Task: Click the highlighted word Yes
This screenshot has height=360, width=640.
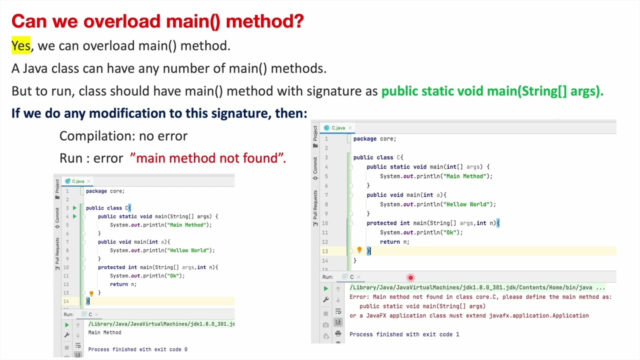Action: [21, 46]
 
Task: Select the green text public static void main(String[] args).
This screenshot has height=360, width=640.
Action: [492, 91]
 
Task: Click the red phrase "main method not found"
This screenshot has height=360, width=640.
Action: [207, 158]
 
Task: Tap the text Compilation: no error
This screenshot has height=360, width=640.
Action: [123, 136]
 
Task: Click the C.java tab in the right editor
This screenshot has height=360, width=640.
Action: [337, 128]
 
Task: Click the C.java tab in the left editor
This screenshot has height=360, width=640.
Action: [77, 181]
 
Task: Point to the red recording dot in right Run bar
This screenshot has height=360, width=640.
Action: [410, 277]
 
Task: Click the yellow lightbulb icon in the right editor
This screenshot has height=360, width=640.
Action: [359, 250]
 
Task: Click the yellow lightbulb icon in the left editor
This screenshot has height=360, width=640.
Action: [91, 293]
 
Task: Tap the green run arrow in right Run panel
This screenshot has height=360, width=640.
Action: [325, 288]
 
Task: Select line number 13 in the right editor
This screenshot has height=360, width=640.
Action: [325, 251]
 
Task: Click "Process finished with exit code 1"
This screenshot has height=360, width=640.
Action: [404, 334]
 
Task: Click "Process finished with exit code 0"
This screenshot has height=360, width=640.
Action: [137, 349]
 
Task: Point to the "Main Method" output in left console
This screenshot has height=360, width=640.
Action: [104, 332]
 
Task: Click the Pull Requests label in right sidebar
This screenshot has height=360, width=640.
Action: [315, 205]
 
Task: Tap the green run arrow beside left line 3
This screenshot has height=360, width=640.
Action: [74, 208]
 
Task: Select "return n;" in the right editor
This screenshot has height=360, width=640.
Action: [394, 242]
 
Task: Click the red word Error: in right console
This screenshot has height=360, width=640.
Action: [359, 297]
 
